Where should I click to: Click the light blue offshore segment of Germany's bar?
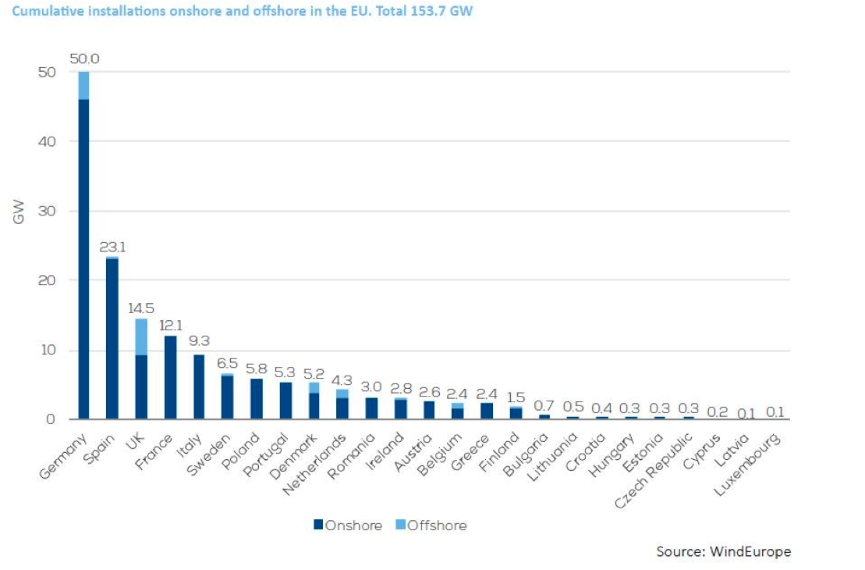pyautogui.click(x=83, y=85)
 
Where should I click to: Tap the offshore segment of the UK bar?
pyautogui.click(x=141, y=337)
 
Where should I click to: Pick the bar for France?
pyautogui.click(x=170, y=377)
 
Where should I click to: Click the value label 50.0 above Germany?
pyautogui.click(x=84, y=59)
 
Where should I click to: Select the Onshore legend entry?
pyautogui.click(x=348, y=525)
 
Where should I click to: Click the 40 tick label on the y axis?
pyautogui.click(x=48, y=141)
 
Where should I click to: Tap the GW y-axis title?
pyautogui.click(x=19, y=211)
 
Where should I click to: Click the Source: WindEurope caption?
pyautogui.click(x=723, y=552)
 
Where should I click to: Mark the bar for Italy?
pyautogui.click(x=199, y=387)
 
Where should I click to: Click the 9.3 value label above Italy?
pyautogui.click(x=199, y=341)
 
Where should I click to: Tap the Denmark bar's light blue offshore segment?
pyautogui.click(x=314, y=387)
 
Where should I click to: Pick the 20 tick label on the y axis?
pyautogui.click(x=48, y=280)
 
